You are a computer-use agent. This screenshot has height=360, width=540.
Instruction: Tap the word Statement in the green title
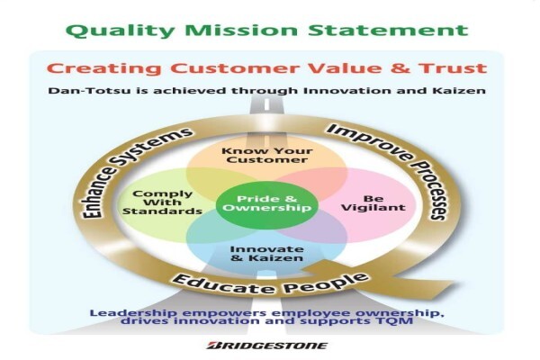(x=388, y=30)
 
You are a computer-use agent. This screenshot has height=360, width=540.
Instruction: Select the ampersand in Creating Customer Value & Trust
(x=400, y=67)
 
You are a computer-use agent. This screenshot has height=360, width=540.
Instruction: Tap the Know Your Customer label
(x=267, y=156)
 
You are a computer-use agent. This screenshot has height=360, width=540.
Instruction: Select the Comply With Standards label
(x=162, y=202)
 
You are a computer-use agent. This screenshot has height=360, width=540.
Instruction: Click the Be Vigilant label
(x=373, y=203)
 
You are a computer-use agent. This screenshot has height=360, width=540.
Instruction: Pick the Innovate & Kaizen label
(x=266, y=254)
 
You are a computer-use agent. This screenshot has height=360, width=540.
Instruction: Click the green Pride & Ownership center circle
(x=267, y=205)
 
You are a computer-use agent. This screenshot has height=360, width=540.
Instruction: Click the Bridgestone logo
(x=267, y=346)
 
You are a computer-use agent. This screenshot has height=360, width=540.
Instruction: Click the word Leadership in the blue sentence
(x=133, y=313)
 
